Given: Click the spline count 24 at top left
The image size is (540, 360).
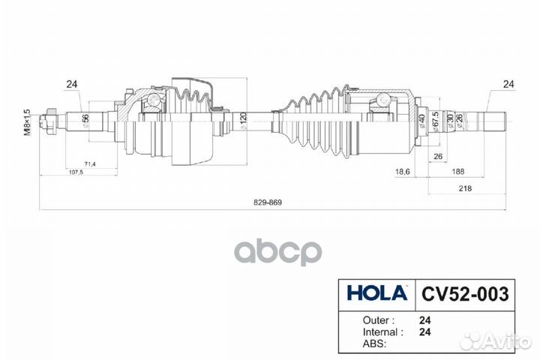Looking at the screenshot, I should (x=72, y=85).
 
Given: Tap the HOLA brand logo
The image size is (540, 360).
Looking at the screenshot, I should (x=376, y=292).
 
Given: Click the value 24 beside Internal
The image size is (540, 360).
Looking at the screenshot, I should (x=424, y=330).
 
